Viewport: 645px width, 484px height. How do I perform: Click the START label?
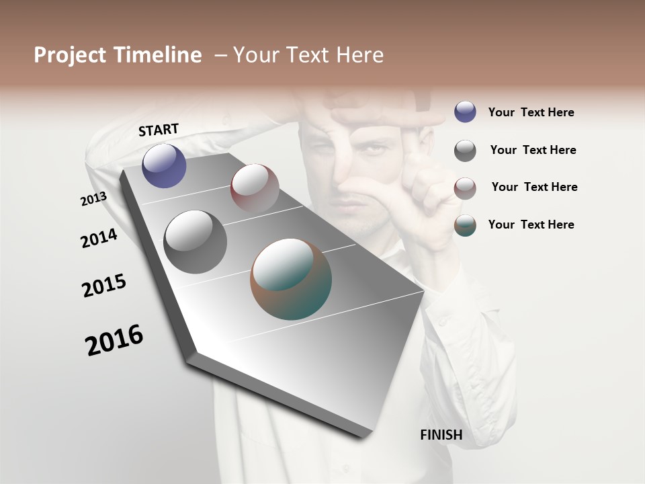click(159, 130)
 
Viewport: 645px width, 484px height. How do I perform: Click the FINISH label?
click(441, 435)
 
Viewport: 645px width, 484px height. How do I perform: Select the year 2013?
click(93, 199)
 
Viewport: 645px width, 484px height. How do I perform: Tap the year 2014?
click(99, 238)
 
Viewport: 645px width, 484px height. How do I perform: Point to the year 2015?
click(104, 286)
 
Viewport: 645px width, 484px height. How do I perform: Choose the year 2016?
click(114, 339)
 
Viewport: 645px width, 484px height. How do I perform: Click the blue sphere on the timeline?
click(164, 165)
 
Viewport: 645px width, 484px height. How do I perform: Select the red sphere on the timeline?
click(255, 188)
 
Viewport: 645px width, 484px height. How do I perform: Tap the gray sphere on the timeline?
click(195, 241)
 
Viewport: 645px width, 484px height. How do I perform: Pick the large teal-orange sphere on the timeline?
click(291, 279)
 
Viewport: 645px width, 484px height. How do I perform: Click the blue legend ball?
click(465, 112)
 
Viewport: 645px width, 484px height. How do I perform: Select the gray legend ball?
click(465, 151)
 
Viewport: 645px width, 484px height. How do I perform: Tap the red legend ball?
click(465, 188)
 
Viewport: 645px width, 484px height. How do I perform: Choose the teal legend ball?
click(465, 225)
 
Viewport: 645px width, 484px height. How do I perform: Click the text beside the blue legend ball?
click(531, 113)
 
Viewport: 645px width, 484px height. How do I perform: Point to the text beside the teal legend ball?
click(531, 225)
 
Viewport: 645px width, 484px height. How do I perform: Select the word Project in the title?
click(69, 55)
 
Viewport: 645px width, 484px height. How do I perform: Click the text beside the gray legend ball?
click(533, 150)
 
